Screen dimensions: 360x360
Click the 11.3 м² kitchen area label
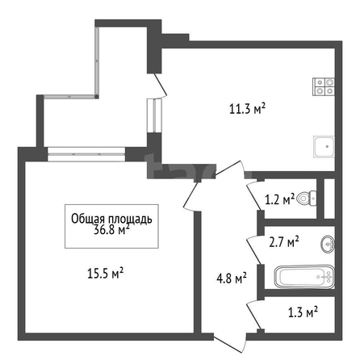247,109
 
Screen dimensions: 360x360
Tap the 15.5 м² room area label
106,274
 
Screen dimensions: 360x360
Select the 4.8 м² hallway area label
232,278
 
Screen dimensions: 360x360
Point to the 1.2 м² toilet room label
280,199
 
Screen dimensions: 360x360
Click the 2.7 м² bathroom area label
284,242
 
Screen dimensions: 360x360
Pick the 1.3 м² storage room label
303,312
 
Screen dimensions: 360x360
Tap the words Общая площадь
111,219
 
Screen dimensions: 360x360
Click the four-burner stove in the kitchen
324,86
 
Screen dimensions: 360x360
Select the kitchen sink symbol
324,147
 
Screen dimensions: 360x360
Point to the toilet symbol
307,199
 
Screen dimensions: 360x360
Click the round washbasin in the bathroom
328,244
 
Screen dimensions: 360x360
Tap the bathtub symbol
304,277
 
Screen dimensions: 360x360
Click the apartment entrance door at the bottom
230,342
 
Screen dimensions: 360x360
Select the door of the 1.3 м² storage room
253,315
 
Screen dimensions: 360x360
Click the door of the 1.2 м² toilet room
253,195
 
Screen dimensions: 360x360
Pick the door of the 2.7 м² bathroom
253,249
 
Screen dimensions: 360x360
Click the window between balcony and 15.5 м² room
86,154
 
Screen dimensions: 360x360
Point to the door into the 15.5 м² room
192,196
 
